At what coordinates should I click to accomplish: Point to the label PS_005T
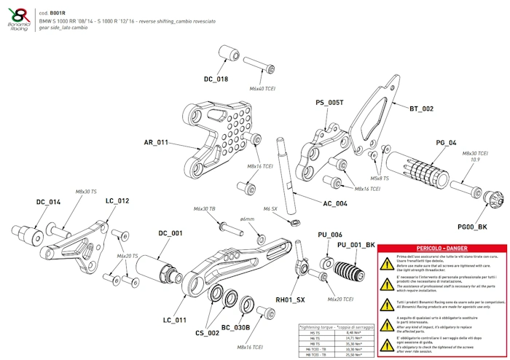pos(329,103)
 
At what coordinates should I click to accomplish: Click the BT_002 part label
pos(421,109)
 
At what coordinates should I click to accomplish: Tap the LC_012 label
pos(117,200)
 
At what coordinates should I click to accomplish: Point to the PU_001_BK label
pos(356,245)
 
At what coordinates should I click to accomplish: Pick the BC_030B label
pos(236,328)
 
